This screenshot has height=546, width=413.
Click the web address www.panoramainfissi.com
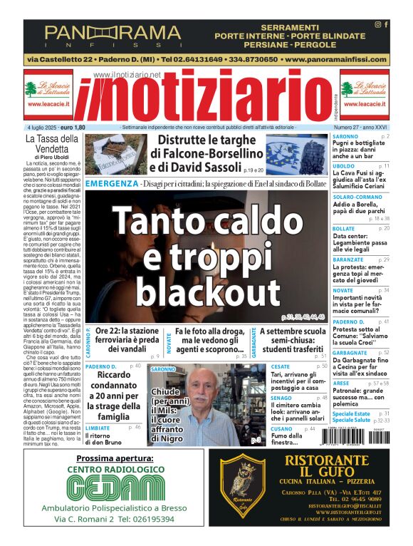(337, 59)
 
